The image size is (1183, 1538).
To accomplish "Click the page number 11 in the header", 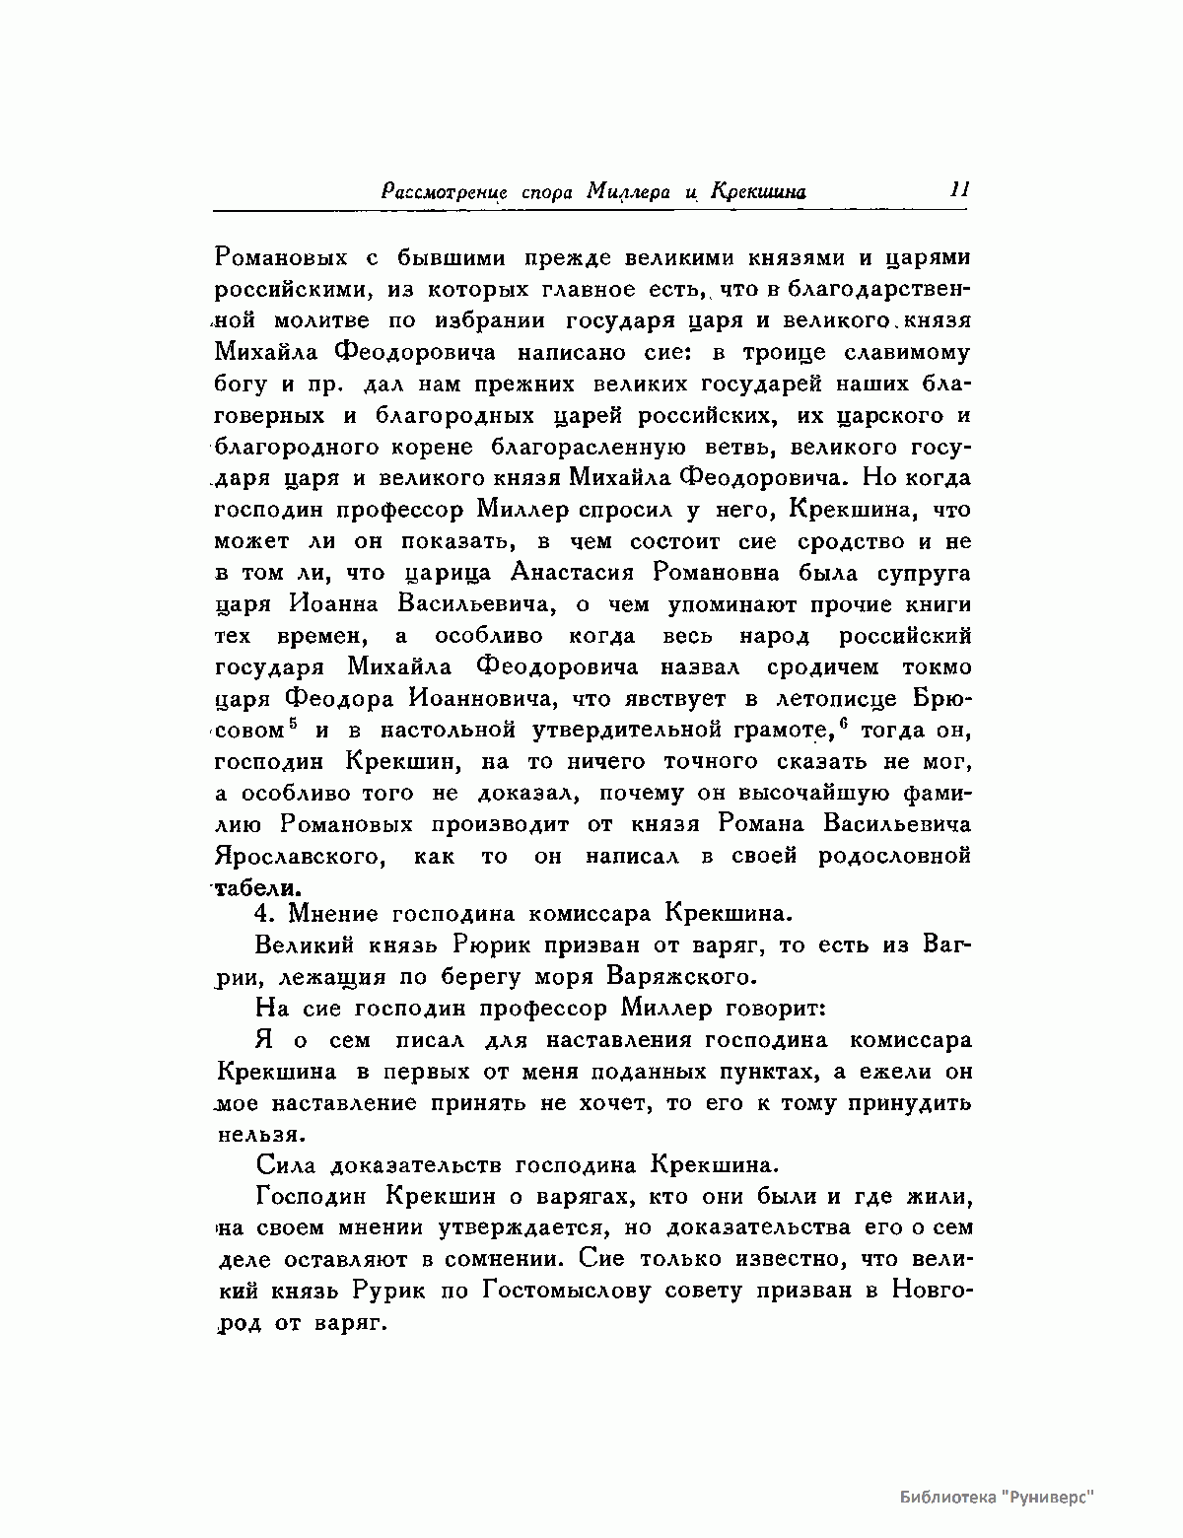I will [959, 189].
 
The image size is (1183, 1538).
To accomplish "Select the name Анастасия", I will [573, 573].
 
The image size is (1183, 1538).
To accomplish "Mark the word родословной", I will [894, 855].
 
